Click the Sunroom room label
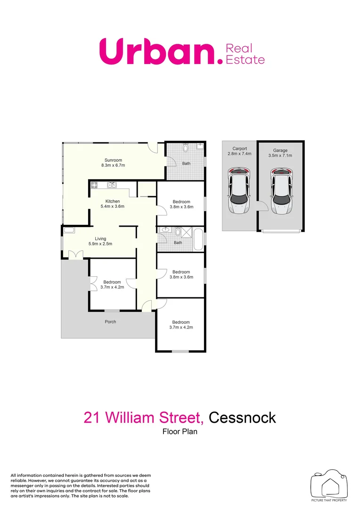pos(113,160)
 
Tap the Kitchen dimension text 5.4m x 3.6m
pos(113,206)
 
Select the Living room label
pos(100,238)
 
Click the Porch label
pos(110,322)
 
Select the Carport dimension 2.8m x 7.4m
pos(240,154)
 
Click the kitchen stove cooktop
pos(94,185)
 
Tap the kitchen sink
pos(111,185)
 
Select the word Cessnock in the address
pos(242,418)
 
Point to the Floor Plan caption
pos(180,431)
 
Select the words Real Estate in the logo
pos(245,54)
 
